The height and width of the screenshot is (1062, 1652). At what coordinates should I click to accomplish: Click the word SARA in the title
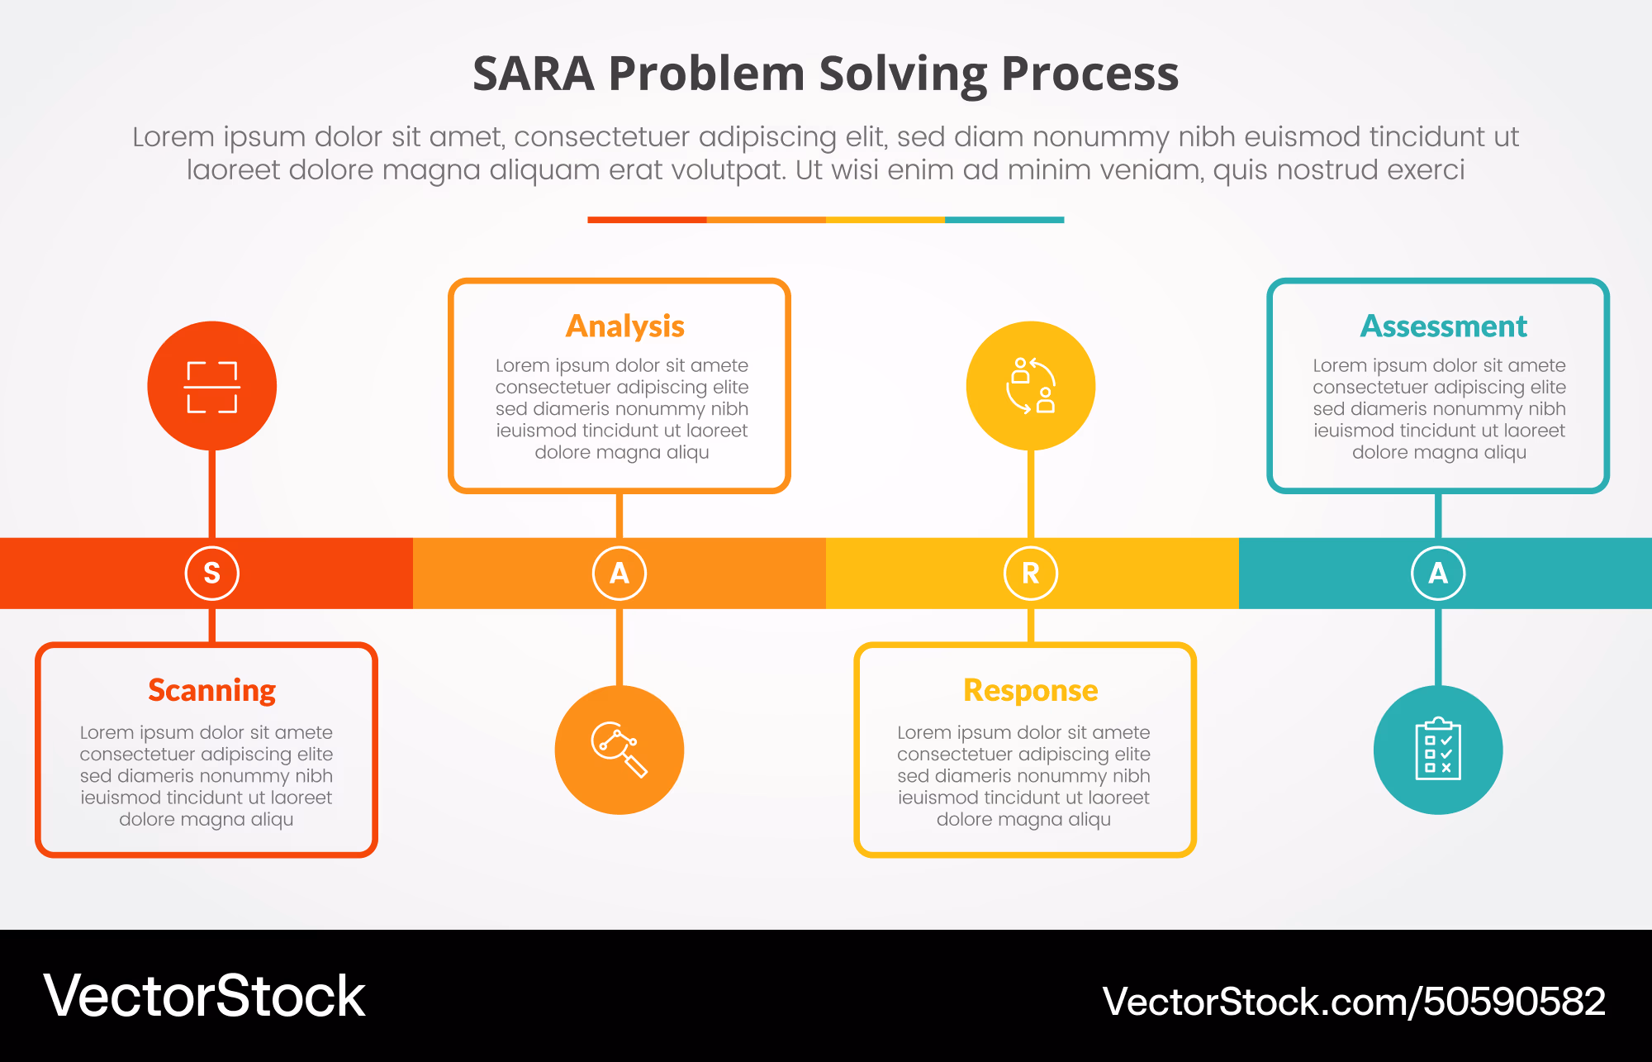[534, 74]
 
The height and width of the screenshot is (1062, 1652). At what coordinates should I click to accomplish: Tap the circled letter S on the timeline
[212, 573]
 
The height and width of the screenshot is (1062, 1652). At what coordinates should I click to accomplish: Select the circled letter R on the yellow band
[1031, 573]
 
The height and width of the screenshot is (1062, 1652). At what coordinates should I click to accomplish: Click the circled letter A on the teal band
[1438, 573]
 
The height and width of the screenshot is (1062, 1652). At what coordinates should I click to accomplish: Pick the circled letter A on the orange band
[619, 573]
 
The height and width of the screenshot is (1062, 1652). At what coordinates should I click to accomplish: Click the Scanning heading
[212, 690]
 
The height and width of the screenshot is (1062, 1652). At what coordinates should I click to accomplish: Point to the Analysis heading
[625, 326]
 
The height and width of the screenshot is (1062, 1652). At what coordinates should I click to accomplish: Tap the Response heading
[1031, 690]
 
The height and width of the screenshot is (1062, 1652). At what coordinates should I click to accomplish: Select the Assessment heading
[1444, 326]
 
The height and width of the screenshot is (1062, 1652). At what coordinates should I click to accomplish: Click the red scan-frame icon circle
[212, 386]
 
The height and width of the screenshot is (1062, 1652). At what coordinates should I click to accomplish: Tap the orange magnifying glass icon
[619, 750]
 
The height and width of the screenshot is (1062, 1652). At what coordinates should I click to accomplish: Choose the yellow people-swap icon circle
[1031, 386]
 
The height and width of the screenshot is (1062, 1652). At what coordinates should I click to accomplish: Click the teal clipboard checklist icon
[1438, 750]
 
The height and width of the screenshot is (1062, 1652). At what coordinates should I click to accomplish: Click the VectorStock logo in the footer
[204, 996]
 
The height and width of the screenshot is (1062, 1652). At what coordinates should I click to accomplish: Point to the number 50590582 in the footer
[1514, 1002]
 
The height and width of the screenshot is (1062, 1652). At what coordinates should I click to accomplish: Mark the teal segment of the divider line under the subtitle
[1004, 220]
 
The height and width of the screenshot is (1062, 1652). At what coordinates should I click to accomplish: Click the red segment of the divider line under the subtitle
[647, 220]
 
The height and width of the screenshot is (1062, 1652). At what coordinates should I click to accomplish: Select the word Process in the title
[1090, 74]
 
